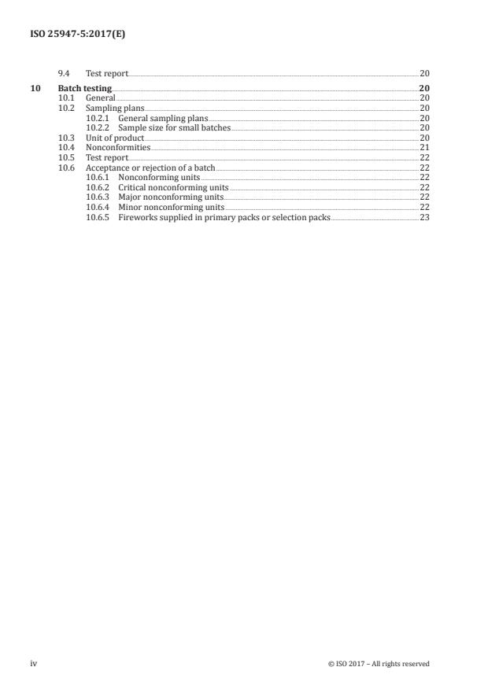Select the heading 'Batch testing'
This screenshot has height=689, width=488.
click(85, 87)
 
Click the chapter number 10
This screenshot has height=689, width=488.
click(35, 87)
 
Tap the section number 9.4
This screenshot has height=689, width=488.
click(65, 73)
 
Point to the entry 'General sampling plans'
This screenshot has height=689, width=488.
click(163, 117)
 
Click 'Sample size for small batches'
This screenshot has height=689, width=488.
click(175, 127)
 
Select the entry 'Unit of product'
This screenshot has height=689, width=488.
click(115, 138)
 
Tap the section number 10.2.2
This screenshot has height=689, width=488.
click(98, 127)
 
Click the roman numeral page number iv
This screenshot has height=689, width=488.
click(34, 663)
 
